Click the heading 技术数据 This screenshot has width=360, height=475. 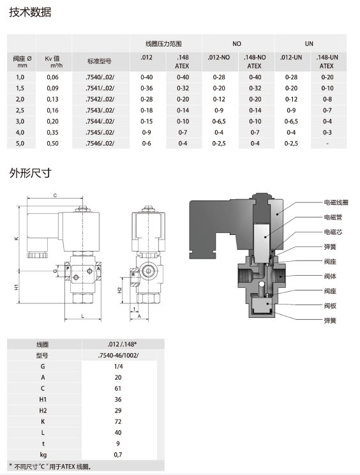(30, 12)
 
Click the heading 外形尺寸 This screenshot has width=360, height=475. (30, 173)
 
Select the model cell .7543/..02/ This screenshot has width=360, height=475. (100, 110)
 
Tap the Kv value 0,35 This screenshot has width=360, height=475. (53, 132)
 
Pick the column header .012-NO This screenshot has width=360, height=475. (218, 57)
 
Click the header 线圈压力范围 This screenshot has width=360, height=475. (163, 43)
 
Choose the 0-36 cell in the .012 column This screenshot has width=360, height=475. (147, 88)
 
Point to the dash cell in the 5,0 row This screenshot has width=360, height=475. (327, 143)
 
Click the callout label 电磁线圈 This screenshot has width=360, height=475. (336, 202)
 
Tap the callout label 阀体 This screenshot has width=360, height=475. (330, 276)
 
